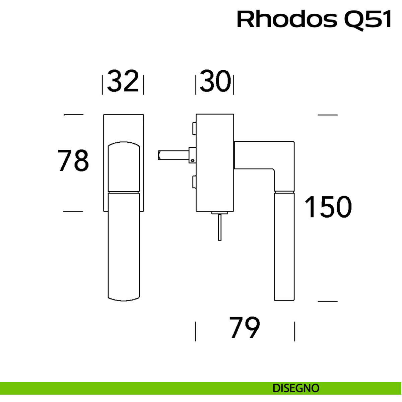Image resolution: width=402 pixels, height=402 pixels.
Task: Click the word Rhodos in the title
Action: pos(287,19)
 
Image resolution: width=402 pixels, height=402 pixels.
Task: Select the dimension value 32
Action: pos(123,81)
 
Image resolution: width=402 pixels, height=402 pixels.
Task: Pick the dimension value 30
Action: pos(215,81)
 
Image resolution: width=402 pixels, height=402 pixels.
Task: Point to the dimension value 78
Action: pos(73,160)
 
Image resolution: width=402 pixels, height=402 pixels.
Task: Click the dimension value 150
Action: pos(328,207)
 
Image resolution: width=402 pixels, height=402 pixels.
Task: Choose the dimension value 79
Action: pos(245,327)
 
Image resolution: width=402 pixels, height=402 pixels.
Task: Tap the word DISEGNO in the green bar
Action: pos(296,388)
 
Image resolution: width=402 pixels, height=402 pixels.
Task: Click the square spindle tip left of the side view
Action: pos(160,155)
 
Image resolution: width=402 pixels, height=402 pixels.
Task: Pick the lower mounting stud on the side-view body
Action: pos(194,182)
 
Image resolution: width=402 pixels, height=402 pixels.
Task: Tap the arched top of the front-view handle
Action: pos(124,144)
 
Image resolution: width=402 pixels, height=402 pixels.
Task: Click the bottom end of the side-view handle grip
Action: pos(284,299)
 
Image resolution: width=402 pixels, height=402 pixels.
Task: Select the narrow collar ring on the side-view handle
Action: pos(284,192)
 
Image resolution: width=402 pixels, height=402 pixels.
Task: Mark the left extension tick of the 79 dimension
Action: pos(195,331)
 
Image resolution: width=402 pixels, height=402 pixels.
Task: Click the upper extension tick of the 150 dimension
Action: pos(327,115)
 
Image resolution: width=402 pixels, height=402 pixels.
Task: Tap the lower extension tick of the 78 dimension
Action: pos(73,211)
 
